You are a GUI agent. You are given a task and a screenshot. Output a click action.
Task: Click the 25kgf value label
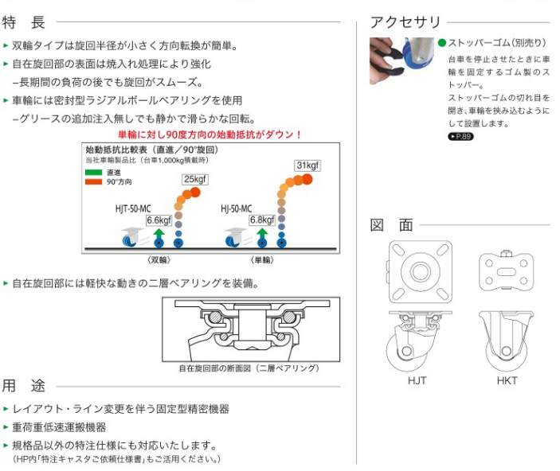(x=195, y=179)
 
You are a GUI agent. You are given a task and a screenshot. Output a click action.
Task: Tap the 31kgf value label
(x=307, y=165)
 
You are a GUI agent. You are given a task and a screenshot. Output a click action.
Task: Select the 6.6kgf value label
(x=159, y=220)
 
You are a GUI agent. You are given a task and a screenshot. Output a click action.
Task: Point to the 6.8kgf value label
(x=262, y=220)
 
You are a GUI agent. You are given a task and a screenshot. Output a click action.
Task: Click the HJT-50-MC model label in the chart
(x=133, y=208)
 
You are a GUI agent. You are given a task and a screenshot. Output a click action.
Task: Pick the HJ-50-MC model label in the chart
(x=236, y=208)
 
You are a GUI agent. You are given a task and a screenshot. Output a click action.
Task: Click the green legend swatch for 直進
(x=93, y=173)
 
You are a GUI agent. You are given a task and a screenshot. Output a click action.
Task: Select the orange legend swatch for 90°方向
(x=93, y=181)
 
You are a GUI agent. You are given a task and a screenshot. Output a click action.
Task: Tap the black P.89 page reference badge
(x=460, y=136)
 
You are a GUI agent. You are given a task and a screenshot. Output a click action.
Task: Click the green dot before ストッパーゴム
(x=442, y=43)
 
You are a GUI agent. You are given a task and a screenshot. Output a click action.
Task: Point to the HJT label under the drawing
(x=417, y=381)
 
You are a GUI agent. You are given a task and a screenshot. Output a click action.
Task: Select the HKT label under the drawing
(x=507, y=381)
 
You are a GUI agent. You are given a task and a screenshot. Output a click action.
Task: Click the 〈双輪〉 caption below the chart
(x=159, y=260)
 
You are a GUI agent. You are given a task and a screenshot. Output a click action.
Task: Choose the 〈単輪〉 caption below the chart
(x=262, y=260)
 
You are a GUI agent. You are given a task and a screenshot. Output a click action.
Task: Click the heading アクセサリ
(x=405, y=22)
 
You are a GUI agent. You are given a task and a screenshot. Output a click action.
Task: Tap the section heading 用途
(x=24, y=386)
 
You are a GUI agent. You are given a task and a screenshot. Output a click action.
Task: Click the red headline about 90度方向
(x=210, y=135)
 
